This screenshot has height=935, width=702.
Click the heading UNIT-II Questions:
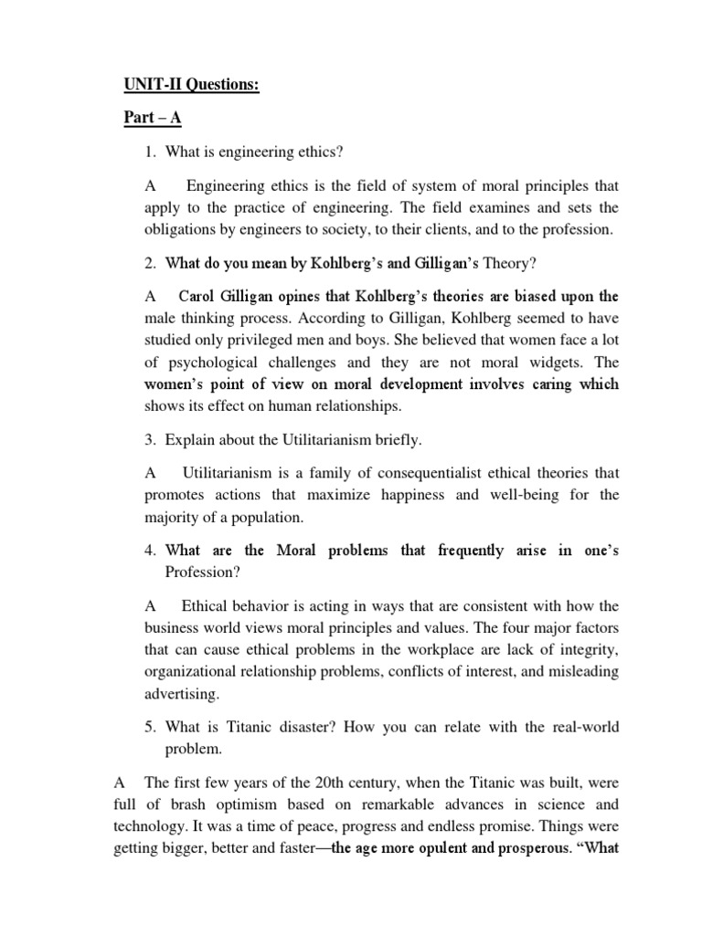click(x=191, y=86)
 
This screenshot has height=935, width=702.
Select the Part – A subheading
click(x=154, y=119)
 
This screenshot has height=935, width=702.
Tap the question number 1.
click(x=150, y=151)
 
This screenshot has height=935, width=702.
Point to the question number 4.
click(x=150, y=551)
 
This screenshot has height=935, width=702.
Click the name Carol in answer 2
click(x=199, y=297)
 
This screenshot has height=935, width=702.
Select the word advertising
click(x=182, y=694)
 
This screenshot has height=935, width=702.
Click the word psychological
click(x=202, y=361)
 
